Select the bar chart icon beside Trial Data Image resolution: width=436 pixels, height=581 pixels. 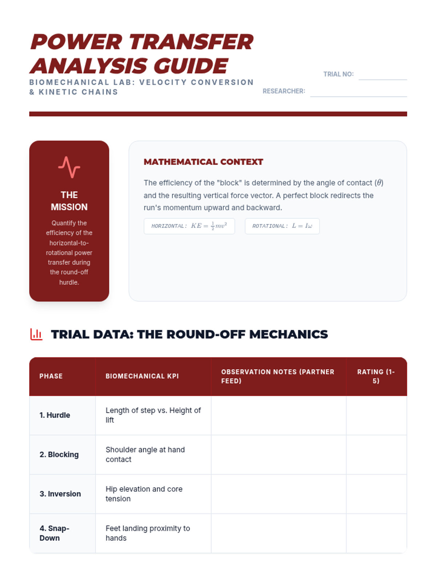[36, 334]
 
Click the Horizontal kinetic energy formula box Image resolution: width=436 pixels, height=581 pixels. [189, 226]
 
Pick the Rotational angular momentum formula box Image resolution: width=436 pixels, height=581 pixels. [282, 226]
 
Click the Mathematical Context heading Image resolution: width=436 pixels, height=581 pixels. [203, 162]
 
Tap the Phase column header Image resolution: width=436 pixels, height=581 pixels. [51, 376]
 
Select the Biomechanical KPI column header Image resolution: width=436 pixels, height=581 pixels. [142, 376]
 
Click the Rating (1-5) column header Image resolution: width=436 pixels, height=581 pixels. [376, 376]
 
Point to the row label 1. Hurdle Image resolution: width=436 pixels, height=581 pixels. [55, 415]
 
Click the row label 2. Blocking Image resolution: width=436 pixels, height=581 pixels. [59, 455]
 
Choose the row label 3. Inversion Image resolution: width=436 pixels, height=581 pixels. [60, 494]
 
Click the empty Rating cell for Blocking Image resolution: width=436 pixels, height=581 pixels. [376, 455]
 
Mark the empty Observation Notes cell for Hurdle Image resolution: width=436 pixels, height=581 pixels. [278, 415]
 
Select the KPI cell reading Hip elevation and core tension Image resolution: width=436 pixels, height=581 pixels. [144, 494]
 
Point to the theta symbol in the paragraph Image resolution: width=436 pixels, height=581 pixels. [379, 183]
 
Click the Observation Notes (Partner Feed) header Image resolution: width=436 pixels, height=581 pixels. [278, 376]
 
